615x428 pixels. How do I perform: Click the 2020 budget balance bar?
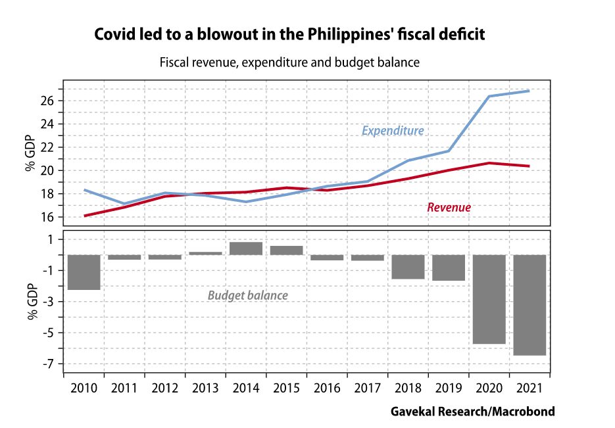tap(489, 299)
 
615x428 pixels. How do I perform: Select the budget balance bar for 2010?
tap(84, 272)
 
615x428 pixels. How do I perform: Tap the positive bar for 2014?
tap(246, 249)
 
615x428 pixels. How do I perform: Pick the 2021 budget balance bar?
tap(529, 305)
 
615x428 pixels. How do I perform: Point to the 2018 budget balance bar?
tap(408, 267)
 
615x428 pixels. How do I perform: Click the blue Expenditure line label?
tap(393, 131)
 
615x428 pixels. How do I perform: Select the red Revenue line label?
tap(449, 207)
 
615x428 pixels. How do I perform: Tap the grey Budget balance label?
tap(247, 295)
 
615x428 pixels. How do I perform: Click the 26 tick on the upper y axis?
tap(45, 101)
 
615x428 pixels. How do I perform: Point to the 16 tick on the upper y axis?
tap(45, 217)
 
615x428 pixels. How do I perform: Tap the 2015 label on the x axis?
tap(287, 387)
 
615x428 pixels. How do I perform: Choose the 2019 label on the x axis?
tap(449, 387)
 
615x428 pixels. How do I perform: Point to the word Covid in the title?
tap(114, 34)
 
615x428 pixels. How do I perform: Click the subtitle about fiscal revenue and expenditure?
tap(289, 63)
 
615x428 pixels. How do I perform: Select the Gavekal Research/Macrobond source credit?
tap(472, 412)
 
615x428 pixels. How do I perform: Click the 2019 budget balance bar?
tap(449, 268)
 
